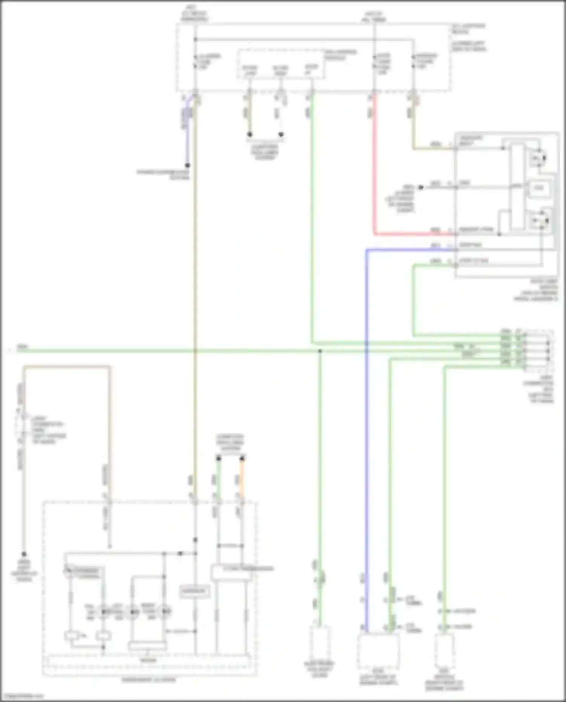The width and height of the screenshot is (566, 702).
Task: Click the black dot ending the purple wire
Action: tap(187, 165)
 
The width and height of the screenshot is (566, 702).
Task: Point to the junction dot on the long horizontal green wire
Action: tap(320, 351)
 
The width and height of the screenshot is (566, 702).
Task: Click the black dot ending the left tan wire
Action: tap(24, 554)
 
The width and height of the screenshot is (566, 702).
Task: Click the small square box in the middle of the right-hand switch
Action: tap(538, 187)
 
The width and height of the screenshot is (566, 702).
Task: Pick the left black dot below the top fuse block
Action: tap(249, 134)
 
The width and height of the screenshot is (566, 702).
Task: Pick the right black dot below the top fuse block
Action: tap(281, 134)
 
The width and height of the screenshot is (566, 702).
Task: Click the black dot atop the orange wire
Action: tap(242, 458)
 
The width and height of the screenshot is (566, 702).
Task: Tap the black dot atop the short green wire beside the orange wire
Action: tap(218, 458)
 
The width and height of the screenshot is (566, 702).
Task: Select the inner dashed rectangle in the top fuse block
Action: tap(281, 64)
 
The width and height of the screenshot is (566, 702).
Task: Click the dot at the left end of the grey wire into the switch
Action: tap(421, 187)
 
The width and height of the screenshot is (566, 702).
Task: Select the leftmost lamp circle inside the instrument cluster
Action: tap(103, 611)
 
